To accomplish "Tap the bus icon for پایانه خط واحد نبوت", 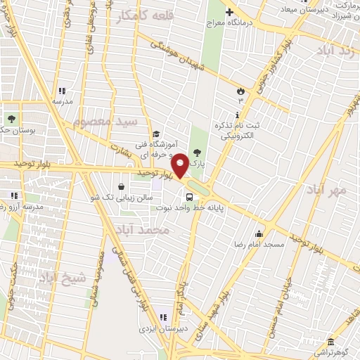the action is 188,196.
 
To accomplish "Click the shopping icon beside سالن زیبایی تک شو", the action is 122,187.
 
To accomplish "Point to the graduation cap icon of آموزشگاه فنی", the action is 156,134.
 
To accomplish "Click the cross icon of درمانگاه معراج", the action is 229,12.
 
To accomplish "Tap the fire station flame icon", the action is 240,90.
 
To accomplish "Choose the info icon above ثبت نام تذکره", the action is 238,115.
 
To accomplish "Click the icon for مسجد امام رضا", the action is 259,234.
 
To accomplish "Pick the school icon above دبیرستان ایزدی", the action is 164,317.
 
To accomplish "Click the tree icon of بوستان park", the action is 11,117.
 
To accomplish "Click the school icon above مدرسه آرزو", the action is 13,195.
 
